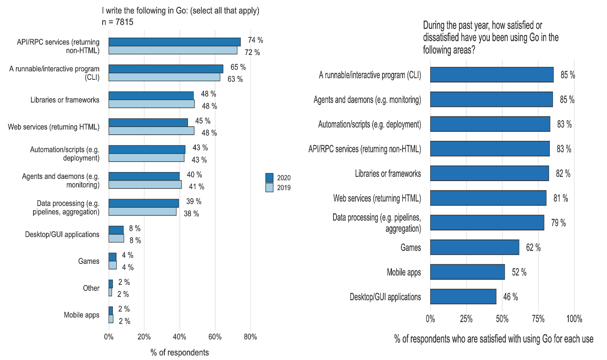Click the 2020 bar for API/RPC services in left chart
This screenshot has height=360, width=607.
175,42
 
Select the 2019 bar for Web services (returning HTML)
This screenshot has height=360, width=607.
152,130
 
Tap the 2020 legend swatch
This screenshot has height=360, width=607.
269,178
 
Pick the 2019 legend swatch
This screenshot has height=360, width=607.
269,188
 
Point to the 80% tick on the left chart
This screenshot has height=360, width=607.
250,337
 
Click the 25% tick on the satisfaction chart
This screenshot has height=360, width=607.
466,319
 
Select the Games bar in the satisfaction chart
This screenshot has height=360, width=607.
474,247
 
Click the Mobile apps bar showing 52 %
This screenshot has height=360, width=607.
467,272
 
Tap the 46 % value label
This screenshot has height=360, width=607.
510,297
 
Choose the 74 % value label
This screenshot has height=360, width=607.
255,40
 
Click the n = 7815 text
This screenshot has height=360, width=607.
118,22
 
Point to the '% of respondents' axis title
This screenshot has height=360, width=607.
180,352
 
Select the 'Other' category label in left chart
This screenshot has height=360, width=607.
91,288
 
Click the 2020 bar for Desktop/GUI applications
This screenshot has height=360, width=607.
116,230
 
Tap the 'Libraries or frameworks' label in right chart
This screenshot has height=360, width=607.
388,173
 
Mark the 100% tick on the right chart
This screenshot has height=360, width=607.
574,319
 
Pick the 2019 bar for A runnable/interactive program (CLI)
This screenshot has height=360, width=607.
164,77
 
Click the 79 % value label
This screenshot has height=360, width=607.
558,223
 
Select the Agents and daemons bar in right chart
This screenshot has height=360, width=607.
491,100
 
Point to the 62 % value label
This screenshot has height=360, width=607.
533,248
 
